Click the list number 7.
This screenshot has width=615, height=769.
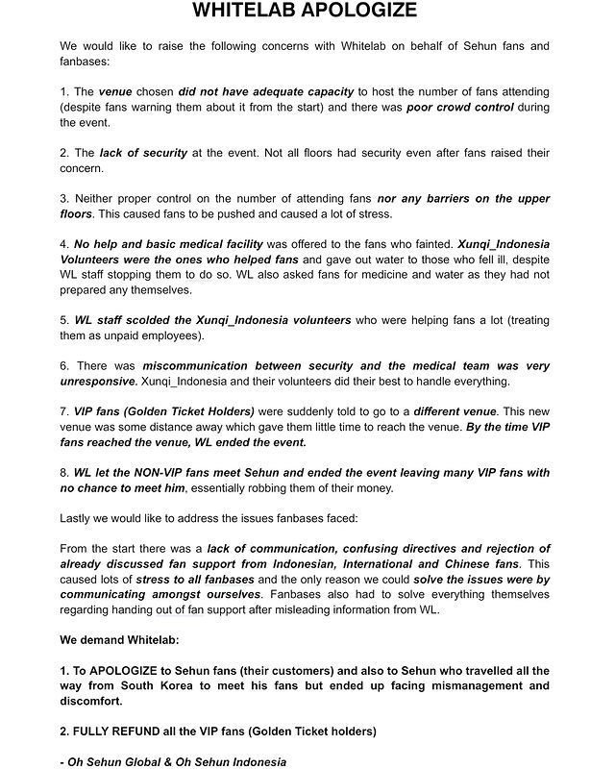[x=63, y=412]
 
